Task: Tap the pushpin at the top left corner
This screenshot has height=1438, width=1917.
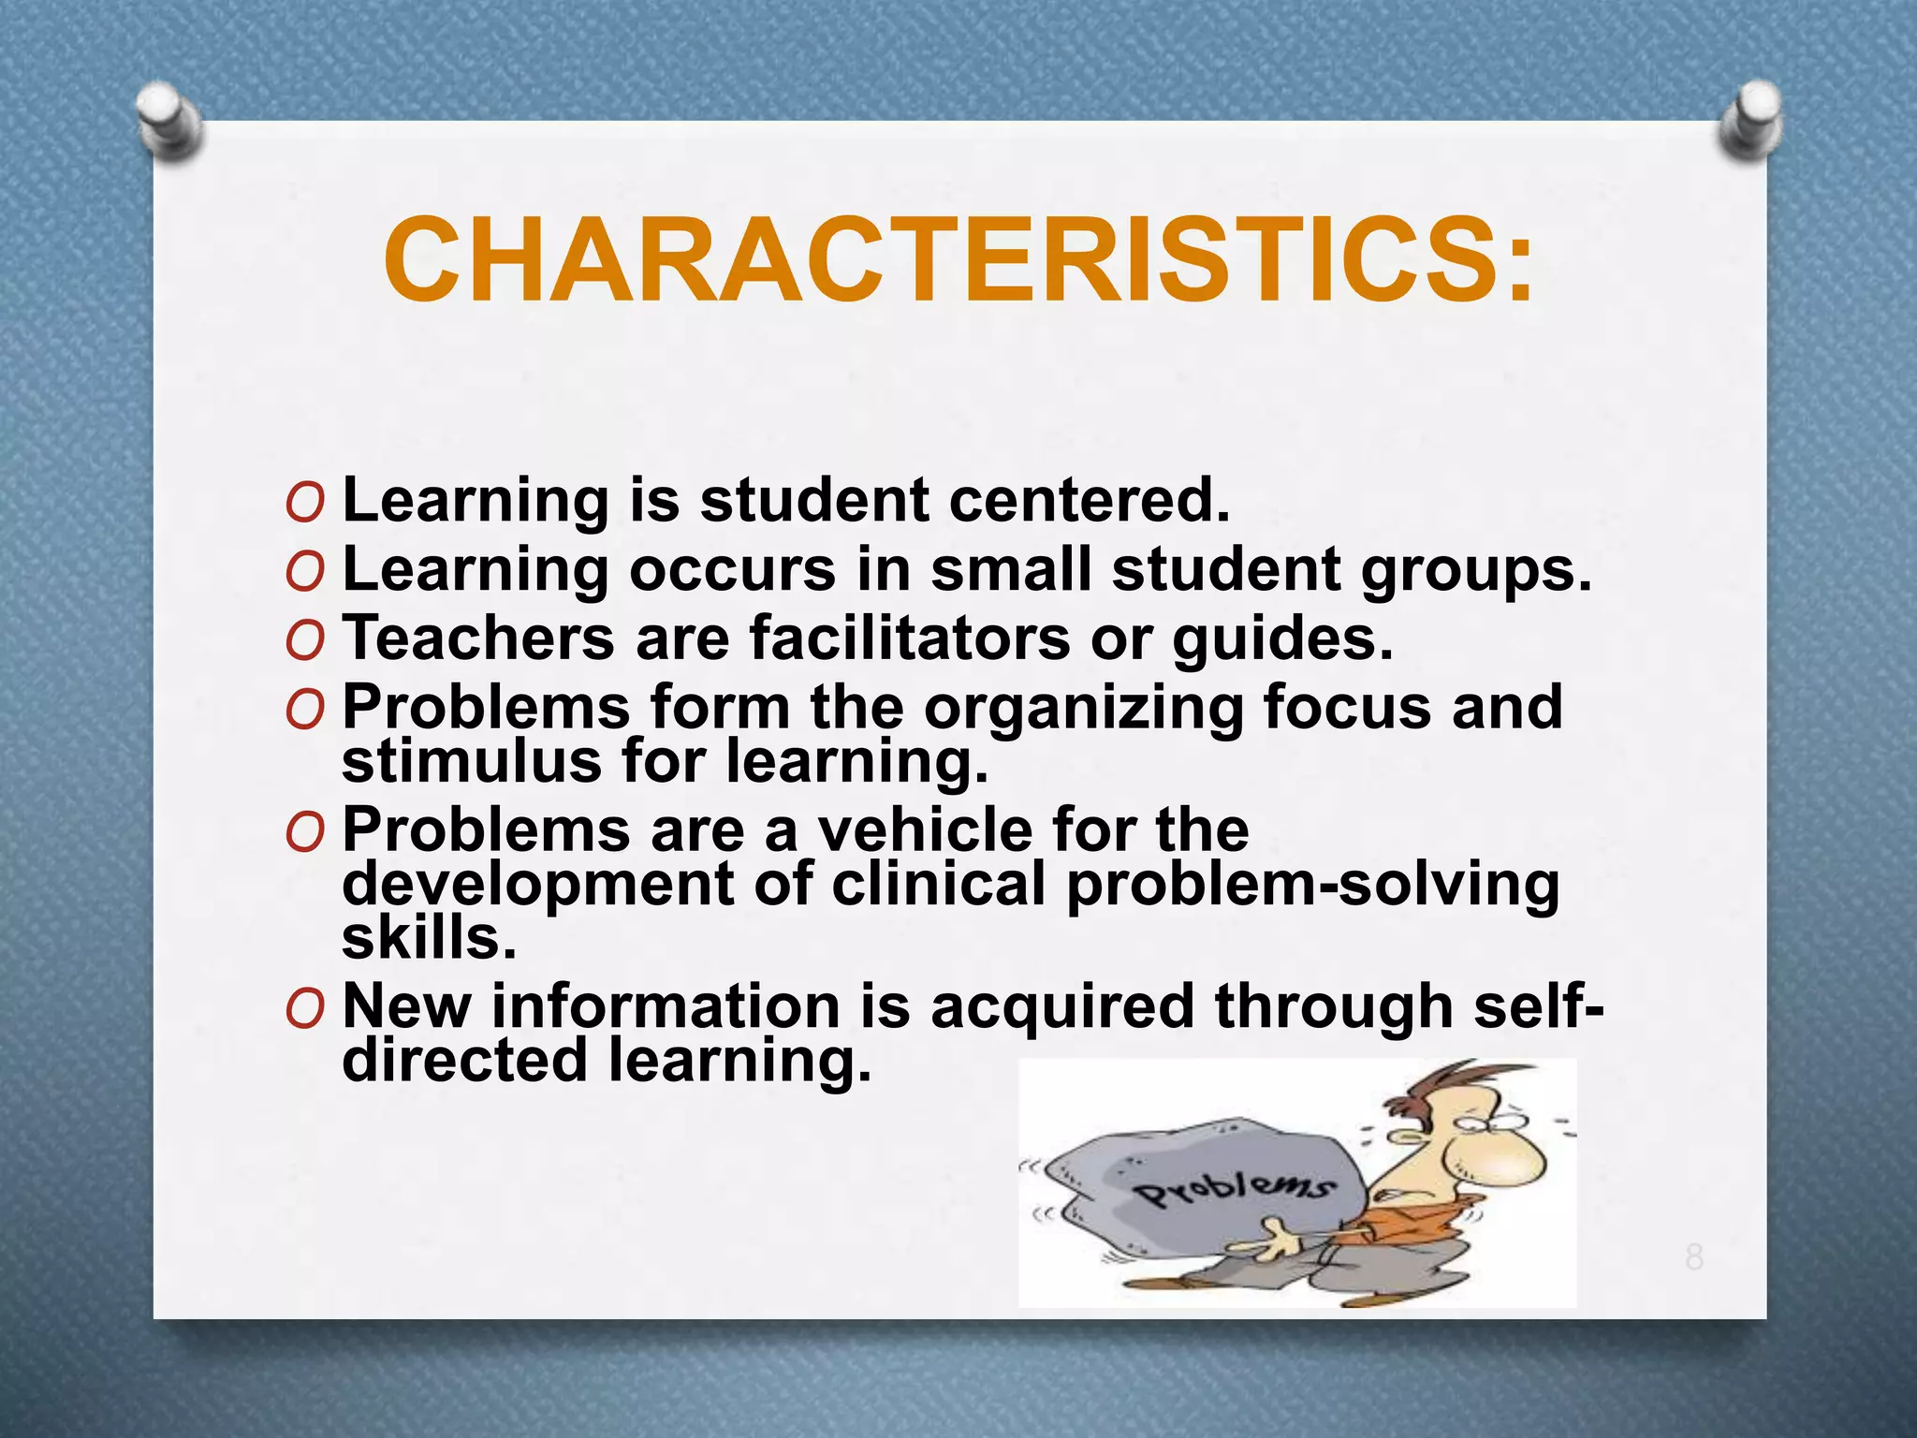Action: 168,120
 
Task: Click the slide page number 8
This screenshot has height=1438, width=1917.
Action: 1694,1257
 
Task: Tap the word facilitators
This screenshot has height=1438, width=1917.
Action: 909,638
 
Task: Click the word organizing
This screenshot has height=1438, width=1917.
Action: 1083,708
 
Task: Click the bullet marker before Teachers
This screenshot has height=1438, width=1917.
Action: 305,640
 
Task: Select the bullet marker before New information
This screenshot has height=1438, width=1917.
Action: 305,1008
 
